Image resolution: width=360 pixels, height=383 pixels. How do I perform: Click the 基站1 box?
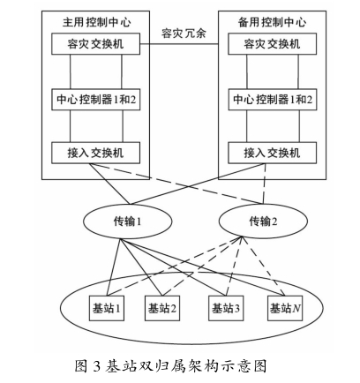point(107,308)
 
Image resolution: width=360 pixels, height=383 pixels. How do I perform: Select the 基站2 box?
point(162,308)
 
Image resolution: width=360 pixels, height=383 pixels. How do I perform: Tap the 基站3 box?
point(226,308)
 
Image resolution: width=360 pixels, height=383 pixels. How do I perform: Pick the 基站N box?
point(285,308)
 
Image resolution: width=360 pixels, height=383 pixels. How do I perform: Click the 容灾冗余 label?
point(184,33)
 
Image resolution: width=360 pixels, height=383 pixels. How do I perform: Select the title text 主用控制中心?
point(96,22)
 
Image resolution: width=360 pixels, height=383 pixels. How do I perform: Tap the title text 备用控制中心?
point(272,22)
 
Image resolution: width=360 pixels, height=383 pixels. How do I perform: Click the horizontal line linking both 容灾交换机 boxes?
point(179,44)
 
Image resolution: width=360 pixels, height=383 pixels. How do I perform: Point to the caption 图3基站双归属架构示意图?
point(170,366)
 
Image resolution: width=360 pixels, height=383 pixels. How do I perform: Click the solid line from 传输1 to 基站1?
point(114,267)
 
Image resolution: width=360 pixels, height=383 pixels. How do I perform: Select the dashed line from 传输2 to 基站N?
point(263,266)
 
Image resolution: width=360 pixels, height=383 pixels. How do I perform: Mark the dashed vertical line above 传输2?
point(265,184)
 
